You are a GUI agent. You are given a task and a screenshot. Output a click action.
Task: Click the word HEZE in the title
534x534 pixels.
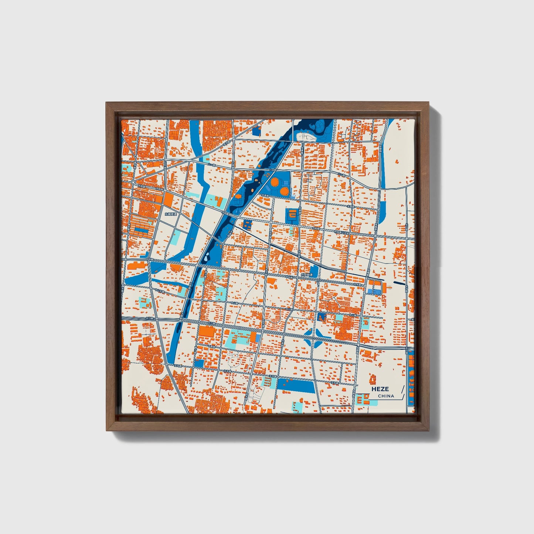point(380,389)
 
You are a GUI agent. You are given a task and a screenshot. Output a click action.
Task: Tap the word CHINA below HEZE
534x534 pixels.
point(386,396)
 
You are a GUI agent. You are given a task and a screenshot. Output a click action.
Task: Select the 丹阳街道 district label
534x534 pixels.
point(306,275)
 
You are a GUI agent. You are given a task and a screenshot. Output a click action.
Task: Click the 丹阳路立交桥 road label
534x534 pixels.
point(342,232)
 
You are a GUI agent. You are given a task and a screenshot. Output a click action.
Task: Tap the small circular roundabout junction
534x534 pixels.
point(133,182)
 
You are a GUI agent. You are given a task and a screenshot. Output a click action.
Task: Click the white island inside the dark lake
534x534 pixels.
point(307,136)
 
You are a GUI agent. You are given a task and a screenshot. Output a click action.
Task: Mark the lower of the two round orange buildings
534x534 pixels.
point(284,191)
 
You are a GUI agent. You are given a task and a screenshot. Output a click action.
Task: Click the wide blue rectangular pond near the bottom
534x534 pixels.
point(296,385)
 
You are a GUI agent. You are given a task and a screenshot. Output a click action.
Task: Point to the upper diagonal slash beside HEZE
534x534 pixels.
point(402,389)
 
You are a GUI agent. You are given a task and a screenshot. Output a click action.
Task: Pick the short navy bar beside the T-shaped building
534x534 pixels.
point(399,283)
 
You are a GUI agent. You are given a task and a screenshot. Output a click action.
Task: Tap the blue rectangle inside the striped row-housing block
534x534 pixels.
point(142,230)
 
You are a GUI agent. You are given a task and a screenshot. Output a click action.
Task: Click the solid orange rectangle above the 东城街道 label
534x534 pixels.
point(168,200)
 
